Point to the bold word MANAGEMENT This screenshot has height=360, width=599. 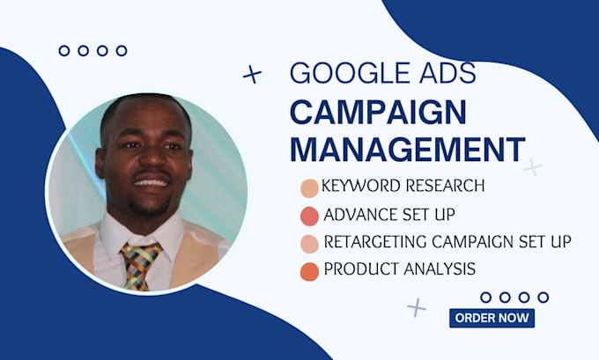[x=407, y=150]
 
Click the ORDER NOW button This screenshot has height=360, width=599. [x=492, y=318]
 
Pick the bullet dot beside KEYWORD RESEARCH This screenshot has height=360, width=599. [x=309, y=188]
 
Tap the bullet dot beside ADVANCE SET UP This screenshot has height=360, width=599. [x=309, y=216]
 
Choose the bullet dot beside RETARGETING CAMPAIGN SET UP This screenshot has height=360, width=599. [x=309, y=244]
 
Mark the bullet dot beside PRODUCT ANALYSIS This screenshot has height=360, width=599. [x=309, y=271]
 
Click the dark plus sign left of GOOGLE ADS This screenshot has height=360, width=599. [x=252, y=75]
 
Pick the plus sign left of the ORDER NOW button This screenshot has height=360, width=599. [x=417, y=306]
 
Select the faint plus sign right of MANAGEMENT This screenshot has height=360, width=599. [x=533, y=166]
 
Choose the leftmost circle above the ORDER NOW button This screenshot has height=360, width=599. [x=485, y=298]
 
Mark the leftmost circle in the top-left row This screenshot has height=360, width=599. [x=64, y=51]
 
